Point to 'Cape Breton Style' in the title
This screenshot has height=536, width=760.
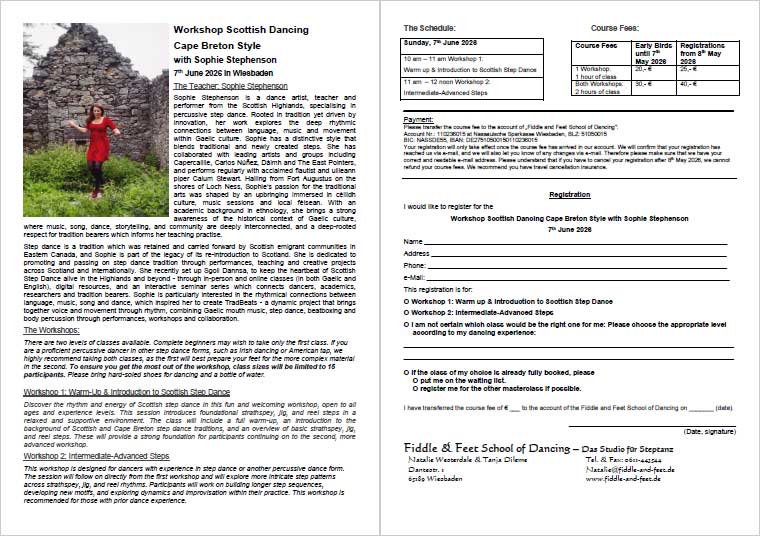tap(212, 46)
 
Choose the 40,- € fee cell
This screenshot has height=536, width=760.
tap(690, 84)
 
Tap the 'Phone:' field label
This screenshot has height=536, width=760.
tap(415, 265)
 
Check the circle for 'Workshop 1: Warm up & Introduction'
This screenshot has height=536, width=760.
tap(406, 301)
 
